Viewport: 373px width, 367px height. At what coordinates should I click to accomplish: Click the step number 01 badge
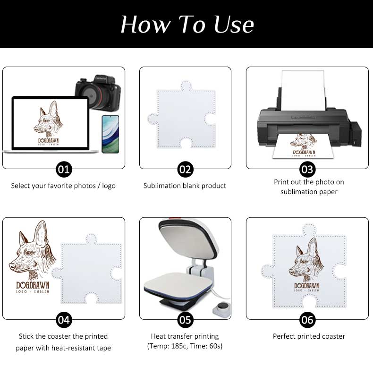pos(64,170)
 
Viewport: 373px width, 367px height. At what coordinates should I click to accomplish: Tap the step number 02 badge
pos(185,170)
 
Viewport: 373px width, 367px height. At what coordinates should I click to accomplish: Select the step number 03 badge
pos(307,170)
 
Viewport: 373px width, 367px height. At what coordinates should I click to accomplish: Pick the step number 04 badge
pos(64,320)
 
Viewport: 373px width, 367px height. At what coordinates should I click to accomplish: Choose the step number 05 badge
pos(185,320)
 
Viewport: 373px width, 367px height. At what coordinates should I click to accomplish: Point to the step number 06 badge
pos(307,320)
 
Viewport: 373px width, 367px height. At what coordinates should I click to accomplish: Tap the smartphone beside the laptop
pos(110,134)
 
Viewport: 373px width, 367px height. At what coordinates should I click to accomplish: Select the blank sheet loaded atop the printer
pos(303,90)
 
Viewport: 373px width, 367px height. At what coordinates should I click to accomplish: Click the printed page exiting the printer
pos(304,147)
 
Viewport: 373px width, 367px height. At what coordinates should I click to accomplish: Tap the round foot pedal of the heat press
pos(222,309)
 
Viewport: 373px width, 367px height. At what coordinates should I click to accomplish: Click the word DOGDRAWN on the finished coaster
pos(306,286)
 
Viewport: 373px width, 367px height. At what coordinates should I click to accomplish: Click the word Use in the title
pos(234,25)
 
